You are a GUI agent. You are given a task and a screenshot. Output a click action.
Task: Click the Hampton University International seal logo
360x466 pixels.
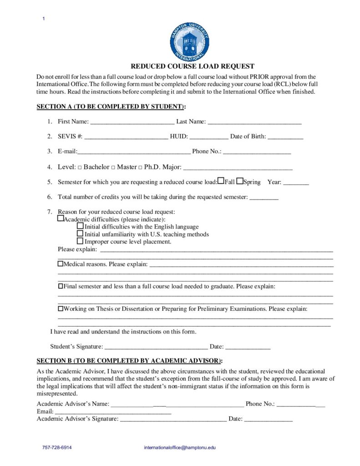190,42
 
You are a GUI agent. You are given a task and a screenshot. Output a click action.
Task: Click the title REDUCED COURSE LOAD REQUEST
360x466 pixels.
193,66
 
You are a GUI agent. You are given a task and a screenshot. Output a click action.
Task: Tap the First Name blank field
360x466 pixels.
132,122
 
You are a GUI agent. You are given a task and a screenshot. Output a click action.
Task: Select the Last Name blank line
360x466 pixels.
254,122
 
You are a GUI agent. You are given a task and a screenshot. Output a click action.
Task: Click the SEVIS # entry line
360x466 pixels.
126,136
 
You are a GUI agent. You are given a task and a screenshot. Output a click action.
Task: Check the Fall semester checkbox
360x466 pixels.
221,181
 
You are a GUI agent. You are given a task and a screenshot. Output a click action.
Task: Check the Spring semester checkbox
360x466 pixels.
240,181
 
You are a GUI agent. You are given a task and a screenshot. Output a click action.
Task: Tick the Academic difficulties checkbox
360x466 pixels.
61,219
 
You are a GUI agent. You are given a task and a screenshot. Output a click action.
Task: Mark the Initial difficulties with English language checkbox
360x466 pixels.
81,226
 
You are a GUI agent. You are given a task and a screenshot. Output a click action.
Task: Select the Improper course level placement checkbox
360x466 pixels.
81,241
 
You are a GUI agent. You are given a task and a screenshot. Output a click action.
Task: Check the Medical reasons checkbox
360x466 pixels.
61,263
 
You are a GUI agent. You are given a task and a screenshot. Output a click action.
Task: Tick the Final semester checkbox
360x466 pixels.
61,286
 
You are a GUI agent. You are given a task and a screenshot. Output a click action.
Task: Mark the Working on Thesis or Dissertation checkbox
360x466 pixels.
61,309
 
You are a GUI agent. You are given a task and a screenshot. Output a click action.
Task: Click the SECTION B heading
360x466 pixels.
129,361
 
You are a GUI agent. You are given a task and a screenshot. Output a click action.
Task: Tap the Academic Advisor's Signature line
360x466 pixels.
172,419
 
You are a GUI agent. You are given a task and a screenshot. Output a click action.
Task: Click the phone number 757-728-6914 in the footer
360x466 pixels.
57,447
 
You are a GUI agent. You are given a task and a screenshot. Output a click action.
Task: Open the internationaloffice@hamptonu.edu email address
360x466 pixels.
180,447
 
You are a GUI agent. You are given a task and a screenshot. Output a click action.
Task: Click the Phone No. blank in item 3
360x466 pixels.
257,151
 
